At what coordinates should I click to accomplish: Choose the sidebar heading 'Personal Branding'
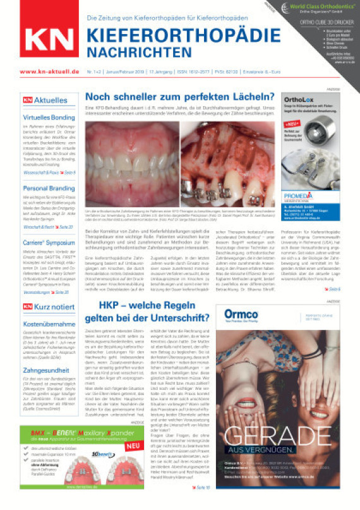pos(49,188)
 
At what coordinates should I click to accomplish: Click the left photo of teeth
pos(130,164)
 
